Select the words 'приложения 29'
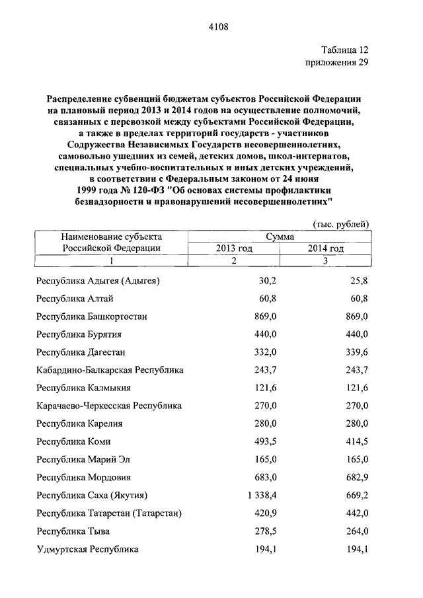point(336,63)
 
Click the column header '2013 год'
point(233,248)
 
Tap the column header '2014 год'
point(325,248)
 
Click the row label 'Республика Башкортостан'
point(92,317)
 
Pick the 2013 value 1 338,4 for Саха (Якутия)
point(258,495)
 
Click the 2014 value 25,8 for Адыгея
point(358,281)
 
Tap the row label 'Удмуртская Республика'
point(88,548)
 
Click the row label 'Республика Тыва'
point(73,531)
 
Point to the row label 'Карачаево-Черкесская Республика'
point(110,406)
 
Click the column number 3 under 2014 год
point(325,261)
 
